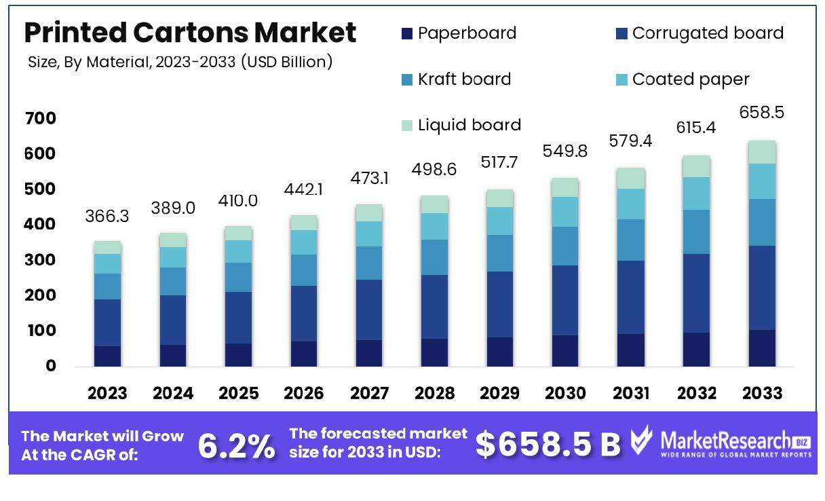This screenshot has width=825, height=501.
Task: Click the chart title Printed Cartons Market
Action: (190, 33)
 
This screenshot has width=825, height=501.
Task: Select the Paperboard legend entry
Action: (459, 33)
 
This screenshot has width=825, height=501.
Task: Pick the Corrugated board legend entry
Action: (699, 33)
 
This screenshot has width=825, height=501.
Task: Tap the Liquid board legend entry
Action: (461, 125)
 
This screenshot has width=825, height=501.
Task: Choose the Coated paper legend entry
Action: (682, 79)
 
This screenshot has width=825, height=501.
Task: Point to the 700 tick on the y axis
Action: (41, 119)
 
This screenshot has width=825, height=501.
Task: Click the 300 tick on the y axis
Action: (41, 260)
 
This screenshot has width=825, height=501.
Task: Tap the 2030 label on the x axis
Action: (566, 393)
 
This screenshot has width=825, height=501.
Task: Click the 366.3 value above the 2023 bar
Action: (107, 216)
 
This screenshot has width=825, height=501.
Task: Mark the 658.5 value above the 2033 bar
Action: (762, 113)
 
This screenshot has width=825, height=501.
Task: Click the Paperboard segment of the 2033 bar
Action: (762, 348)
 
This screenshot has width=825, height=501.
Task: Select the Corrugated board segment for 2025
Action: (238, 318)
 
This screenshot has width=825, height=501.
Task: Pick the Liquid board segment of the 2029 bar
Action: (501, 198)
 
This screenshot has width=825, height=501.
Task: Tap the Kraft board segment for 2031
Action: (631, 240)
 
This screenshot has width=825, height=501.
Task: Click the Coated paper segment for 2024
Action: (173, 257)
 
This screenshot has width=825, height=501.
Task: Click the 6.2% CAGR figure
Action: (236, 445)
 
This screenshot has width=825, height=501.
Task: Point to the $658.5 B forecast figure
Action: (548, 444)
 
